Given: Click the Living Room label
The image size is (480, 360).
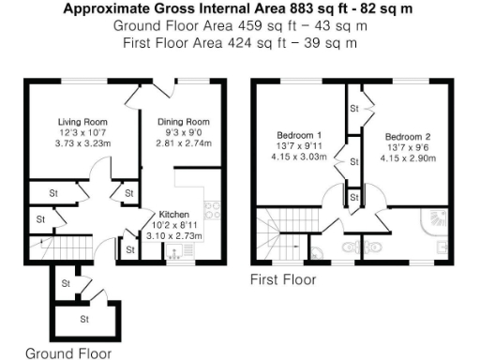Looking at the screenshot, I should point(82,122).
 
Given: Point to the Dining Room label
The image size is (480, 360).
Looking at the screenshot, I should point(184,122).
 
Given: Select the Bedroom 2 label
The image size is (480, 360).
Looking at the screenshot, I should point(410,137).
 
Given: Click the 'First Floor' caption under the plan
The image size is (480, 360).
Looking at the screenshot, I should point(282,279).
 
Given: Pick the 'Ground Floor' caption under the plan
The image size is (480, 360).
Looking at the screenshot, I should point(67,353).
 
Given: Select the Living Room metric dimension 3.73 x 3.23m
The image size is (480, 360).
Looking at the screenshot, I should point(82,143).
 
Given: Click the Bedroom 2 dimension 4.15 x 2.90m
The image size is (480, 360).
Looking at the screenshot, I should point(410,158).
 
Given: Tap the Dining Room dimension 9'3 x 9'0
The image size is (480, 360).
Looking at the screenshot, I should point(184,133).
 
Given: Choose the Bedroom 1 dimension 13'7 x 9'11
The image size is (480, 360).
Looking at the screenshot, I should point(300,146).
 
